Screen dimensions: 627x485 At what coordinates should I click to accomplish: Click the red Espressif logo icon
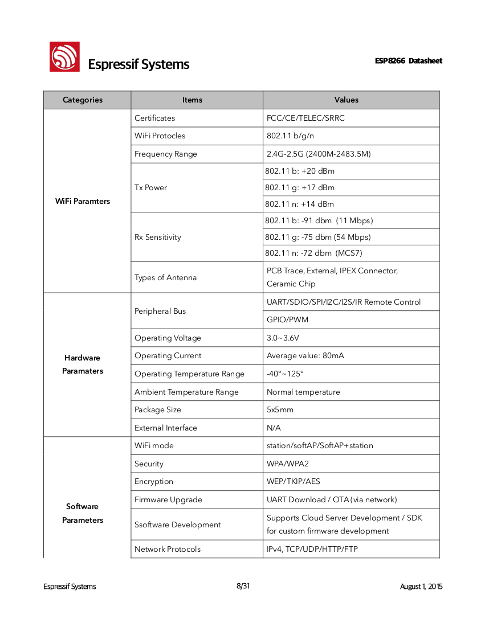click(64, 56)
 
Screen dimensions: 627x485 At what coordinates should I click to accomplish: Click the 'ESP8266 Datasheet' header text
click(408, 61)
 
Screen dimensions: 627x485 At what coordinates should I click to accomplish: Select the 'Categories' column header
click(83, 100)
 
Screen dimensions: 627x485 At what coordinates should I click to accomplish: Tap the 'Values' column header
click(347, 100)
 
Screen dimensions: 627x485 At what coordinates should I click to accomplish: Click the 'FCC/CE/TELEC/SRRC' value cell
click(305, 118)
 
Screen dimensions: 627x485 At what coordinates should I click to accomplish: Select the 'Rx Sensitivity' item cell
click(158, 237)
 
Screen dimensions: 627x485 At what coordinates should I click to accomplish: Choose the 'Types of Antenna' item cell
click(165, 277)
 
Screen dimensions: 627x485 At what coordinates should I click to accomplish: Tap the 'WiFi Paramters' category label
click(83, 201)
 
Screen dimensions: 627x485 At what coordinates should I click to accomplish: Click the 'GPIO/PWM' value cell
click(287, 319)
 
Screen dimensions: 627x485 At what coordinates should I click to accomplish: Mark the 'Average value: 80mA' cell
click(305, 355)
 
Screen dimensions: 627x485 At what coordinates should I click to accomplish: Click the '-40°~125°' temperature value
click(285, 374)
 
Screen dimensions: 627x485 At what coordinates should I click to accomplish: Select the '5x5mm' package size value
click(280, 409)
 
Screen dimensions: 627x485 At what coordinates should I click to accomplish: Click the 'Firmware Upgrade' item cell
click(168, 499)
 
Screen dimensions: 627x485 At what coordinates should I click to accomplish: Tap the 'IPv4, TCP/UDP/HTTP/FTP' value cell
click(312, 549)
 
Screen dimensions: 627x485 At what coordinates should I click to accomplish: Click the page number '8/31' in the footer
click(243, 586)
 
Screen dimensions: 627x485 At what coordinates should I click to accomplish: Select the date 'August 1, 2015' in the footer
click(421, 587)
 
